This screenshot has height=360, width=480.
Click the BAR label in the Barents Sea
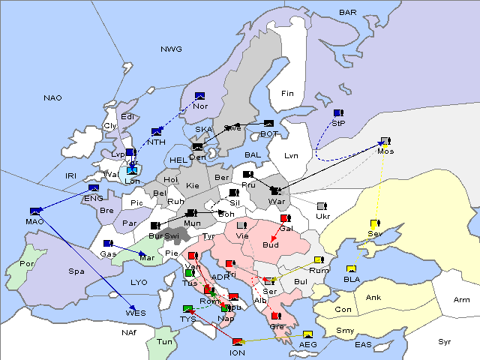coord(348,13)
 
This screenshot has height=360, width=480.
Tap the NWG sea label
coord(171,49)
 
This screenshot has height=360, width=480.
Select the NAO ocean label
coord(52,98)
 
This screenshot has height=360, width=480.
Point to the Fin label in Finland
coord(287,94)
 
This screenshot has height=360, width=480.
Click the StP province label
coord(337,122)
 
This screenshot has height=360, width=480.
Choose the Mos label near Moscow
coord(385,151)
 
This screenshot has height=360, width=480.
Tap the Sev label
coord(374,234)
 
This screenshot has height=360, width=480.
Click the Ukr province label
coord(322,217)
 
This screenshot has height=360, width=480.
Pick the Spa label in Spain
coord(76,271)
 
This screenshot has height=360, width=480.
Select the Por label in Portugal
coord(28,264)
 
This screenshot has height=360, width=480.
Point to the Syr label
coord(445,341)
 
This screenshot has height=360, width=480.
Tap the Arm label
coord(462,301)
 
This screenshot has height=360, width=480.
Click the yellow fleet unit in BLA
coord(351,269)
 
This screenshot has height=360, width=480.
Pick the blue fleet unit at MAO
coord(34,211)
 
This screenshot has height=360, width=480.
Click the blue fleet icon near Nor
coord(199,96)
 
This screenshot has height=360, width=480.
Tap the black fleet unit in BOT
coord(268,124)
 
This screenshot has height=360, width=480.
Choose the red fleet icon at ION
coord(237,342)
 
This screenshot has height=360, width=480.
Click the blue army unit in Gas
coord(107,244)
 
